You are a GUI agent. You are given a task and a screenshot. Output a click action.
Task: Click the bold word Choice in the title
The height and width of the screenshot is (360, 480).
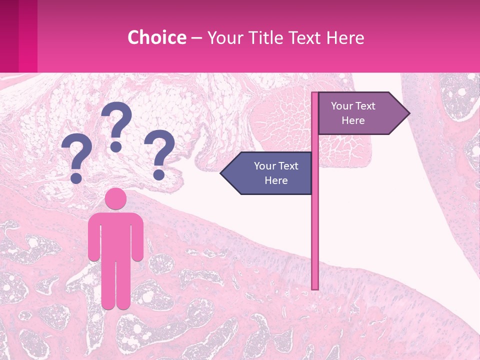click(156, 38)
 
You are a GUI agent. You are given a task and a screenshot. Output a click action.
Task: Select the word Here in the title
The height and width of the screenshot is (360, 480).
click(344, 38)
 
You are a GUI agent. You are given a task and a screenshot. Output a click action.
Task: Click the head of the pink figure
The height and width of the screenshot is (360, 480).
click(116, 198)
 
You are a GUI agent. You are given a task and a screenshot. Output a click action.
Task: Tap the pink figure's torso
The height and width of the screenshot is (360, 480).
click(116, 235)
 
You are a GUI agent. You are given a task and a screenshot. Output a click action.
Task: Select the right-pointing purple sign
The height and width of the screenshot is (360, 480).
click(357, 113)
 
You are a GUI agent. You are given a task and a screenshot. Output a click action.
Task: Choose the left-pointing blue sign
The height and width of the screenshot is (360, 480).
click(270, 173)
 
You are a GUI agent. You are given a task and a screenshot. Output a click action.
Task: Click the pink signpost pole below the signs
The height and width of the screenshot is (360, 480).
click(315, 240)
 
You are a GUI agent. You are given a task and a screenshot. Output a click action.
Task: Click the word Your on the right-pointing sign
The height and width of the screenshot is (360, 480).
click(342, 106)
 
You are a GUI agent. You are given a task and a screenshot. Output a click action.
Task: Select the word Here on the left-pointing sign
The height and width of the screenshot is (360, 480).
click(276, 180)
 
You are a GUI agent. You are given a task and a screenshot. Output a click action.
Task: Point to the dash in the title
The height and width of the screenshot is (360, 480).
click(196, 38)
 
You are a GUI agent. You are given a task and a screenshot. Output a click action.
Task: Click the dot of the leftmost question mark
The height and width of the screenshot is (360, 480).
click(76, 177)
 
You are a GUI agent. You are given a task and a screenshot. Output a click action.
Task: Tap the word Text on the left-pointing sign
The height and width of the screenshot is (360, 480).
click(289, 166)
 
